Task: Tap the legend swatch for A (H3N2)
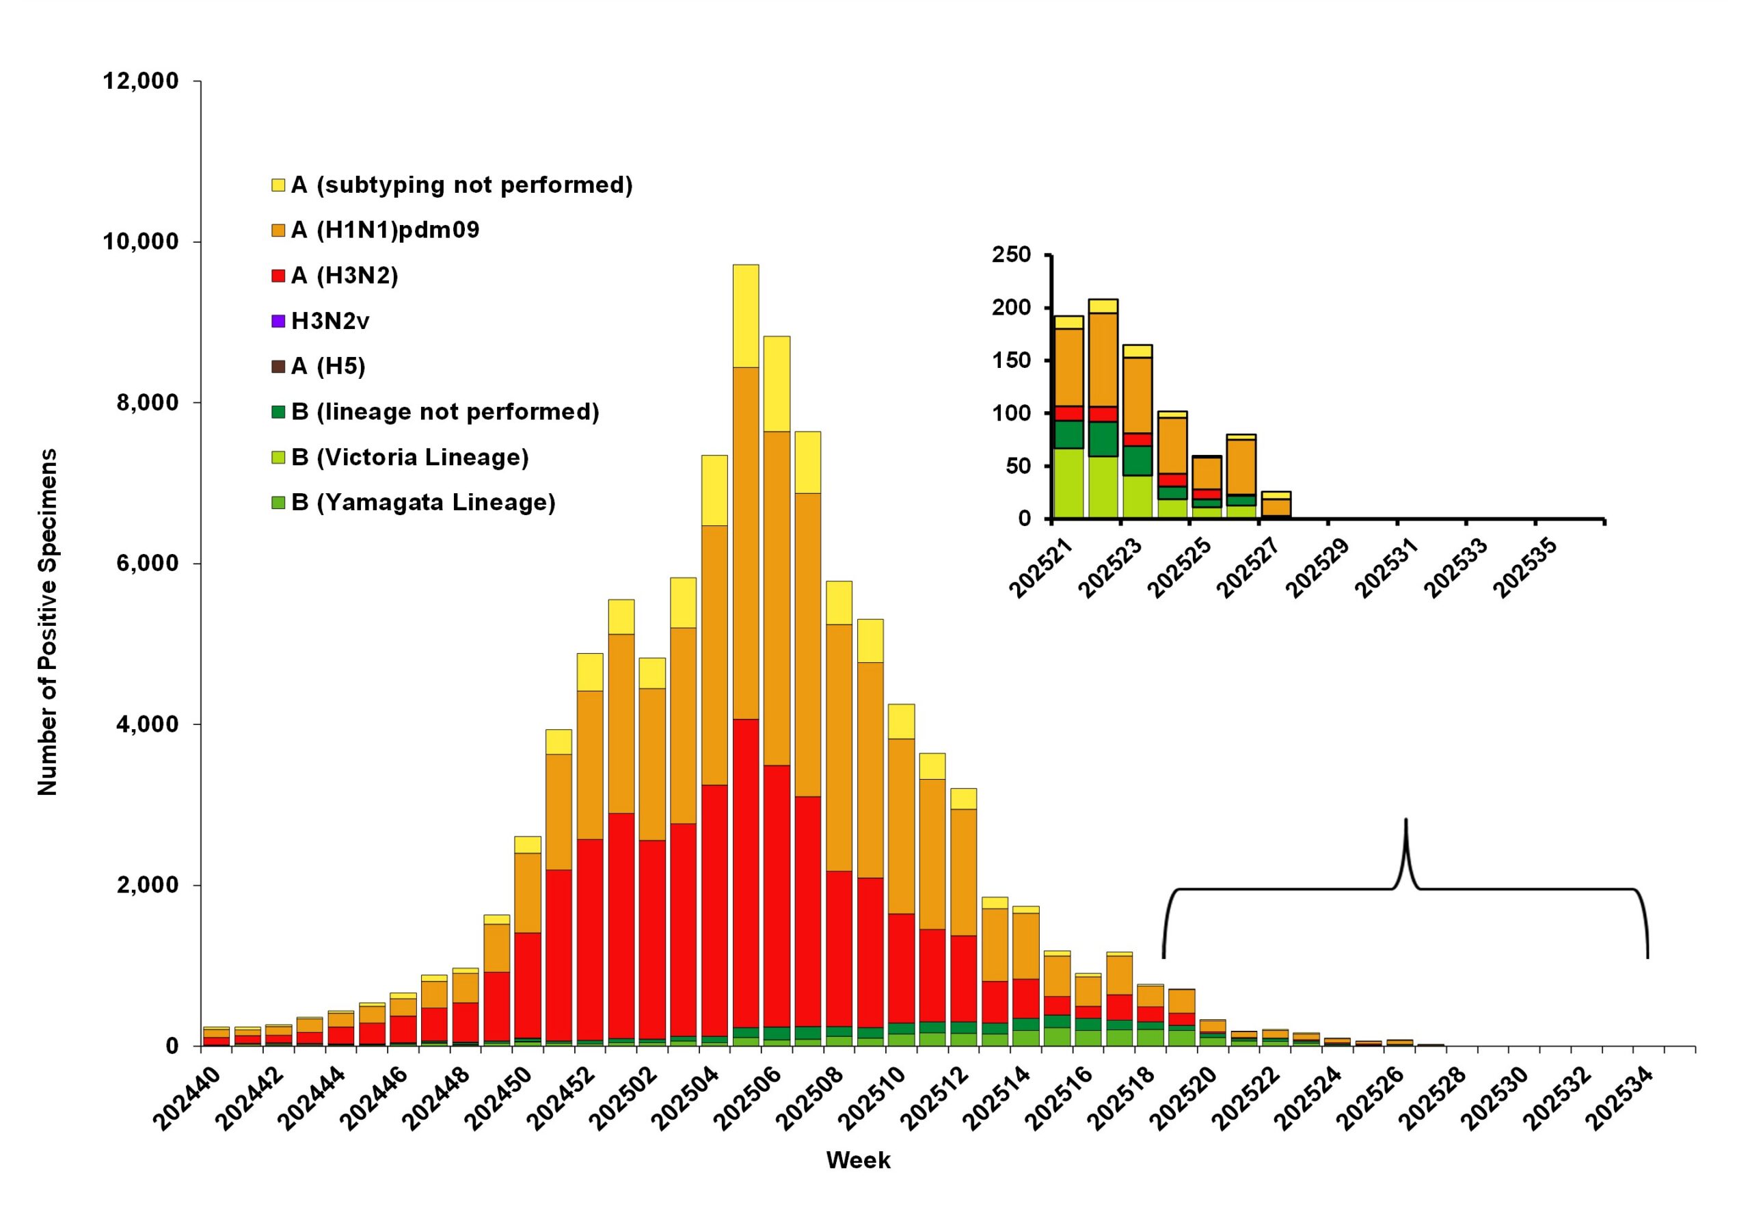(278, 276)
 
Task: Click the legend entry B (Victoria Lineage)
(409, 458)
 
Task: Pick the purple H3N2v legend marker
(278, 321)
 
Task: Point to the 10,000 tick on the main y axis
(140, 241)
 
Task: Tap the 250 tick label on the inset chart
(1010, 254)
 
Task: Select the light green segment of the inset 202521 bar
(1068, 484)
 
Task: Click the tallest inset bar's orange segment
(1103, 359)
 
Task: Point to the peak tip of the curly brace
(1405, 820)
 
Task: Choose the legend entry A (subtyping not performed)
(461, 185)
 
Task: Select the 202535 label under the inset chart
(1525, 570)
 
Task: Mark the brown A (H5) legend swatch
(278, 367)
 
